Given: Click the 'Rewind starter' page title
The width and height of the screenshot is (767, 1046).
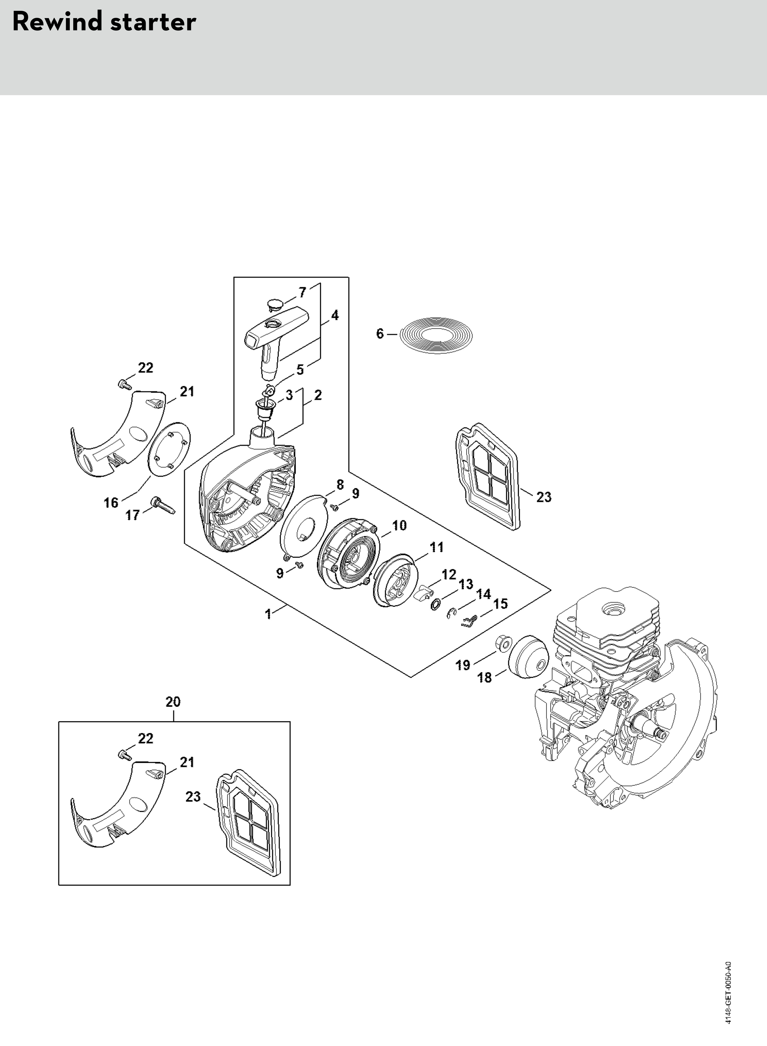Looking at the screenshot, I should click(104, 22).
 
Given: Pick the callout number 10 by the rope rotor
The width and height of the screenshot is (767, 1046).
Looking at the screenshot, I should click(399, 525).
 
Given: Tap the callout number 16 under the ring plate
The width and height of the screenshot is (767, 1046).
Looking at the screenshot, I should click(111, 503).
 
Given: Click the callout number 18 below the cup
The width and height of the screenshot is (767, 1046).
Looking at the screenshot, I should click(484, 677).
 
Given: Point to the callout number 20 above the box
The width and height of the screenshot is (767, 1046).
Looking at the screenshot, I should click(173, 701).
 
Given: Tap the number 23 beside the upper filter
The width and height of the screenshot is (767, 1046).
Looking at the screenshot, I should click(544, 497).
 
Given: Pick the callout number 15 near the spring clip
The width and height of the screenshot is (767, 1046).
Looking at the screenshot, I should click(501, 604).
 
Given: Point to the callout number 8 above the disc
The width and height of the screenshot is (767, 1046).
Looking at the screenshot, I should click(340, 485).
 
